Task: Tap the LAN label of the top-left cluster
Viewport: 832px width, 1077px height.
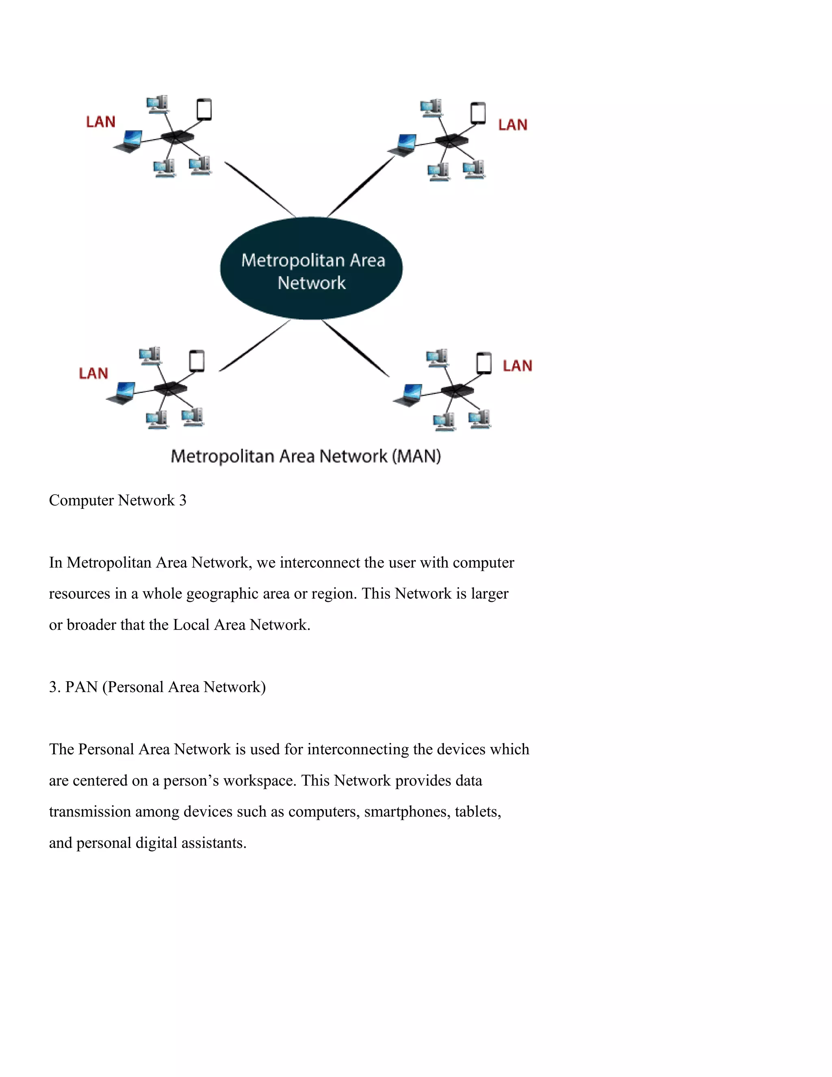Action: pyautogui.click(x=101, y=122)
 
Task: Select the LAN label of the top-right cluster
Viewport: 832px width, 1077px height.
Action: pyautogui.click(x=513, y=125)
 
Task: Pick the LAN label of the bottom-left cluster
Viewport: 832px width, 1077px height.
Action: pyautogui.click(x=93, y=373)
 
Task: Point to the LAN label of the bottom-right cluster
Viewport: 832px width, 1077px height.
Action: pyautogui.click(x=517, y=366)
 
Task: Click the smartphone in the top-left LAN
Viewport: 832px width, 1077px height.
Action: pyautogui.click(x=204, y=109)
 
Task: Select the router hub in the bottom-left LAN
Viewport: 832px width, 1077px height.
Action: pyautogui.click(x=170, y=388)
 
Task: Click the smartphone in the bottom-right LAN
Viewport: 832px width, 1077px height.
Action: pyautogui.click(x=484, y=363)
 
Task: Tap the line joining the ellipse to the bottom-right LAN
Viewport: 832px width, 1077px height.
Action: pyautogui.click(x=355, y=347)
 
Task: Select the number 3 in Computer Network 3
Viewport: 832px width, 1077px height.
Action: pyautogui.click(x=182, y=501)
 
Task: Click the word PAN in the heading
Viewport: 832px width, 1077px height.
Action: pyautogui.click(x=81, y=687)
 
